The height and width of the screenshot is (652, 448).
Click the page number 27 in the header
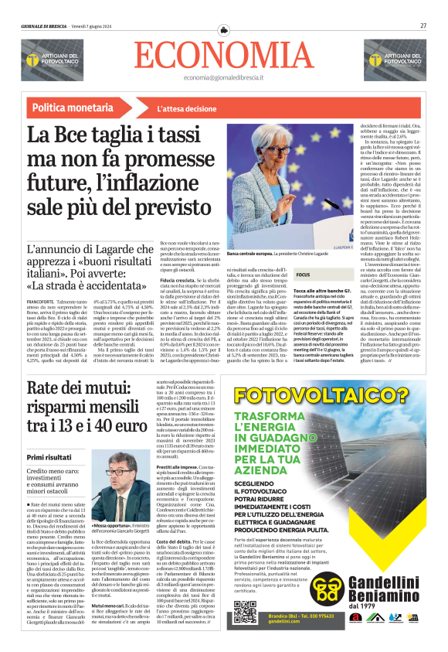pyautogui.click(x=423, y=25)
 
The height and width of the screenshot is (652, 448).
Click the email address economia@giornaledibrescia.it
pyautogui.click(x=223, y=78)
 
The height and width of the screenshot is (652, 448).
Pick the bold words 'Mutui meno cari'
pyautogui.click(x=105, y=604)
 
